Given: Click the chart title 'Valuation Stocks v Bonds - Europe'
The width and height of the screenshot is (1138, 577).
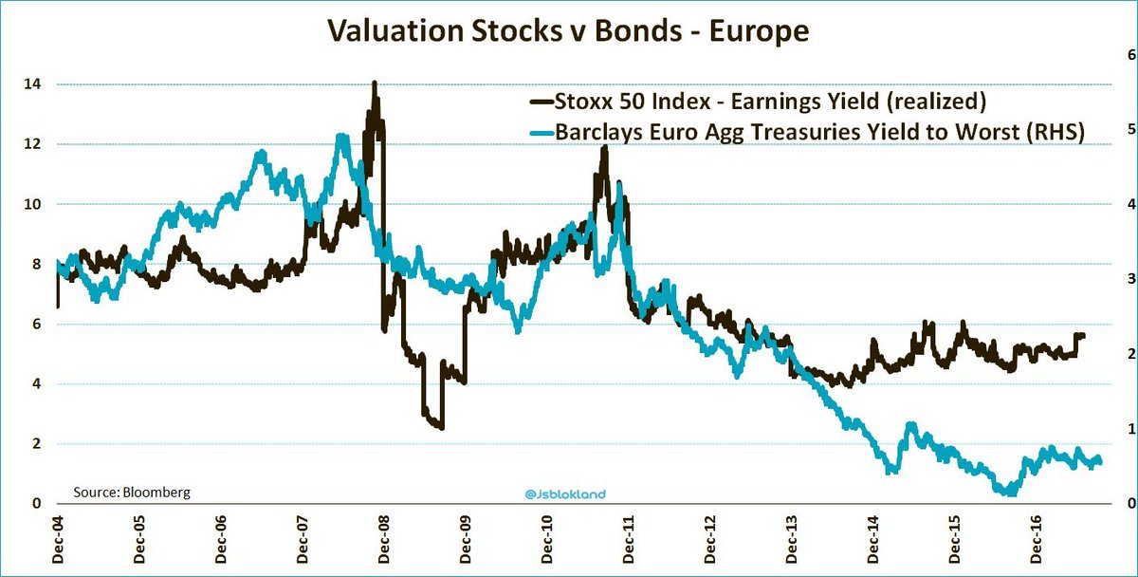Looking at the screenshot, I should [568, 31].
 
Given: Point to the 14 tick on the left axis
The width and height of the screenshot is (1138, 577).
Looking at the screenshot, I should [32, 84].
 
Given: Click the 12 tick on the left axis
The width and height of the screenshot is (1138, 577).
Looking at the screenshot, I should [32, 144].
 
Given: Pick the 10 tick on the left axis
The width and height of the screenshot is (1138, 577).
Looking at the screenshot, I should [32, 204].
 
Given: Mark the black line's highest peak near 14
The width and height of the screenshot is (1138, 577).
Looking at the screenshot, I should [375, 84].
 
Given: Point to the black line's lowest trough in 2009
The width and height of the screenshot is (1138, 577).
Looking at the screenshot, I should [442, 428].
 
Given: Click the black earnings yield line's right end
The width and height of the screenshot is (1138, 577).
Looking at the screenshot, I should [1084, 335].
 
